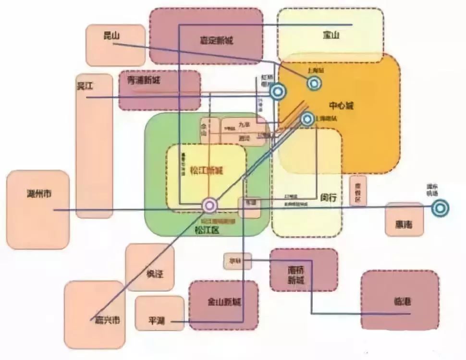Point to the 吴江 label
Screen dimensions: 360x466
85,86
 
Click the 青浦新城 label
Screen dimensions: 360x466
143,81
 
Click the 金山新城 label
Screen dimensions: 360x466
224,302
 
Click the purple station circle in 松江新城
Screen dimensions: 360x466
209,205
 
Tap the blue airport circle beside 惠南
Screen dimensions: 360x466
440,208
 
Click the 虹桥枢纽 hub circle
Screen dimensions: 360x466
277,91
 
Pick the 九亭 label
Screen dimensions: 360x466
245,125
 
